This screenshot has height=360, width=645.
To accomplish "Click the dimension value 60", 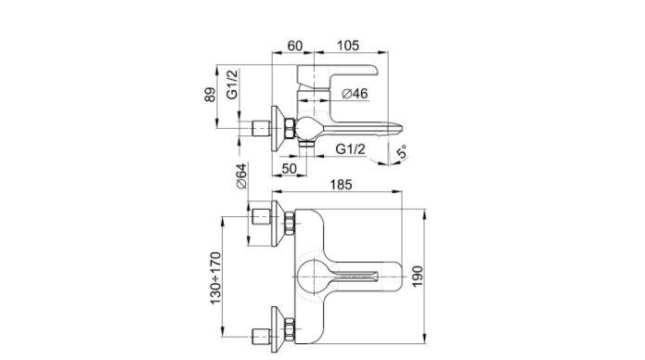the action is [294, 45].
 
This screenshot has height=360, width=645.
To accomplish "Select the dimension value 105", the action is [348, 45].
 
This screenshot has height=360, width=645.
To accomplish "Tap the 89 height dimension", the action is [210, 95].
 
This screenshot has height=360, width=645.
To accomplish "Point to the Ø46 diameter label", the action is [355, 94].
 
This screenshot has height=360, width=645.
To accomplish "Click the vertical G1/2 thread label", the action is [232, 84].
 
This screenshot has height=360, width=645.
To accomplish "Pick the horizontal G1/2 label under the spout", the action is [351, 149].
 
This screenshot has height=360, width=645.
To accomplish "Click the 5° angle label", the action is [402, 151].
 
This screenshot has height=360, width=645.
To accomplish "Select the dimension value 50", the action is [290, 168].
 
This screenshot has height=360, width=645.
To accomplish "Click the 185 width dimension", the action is [342, 185].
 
